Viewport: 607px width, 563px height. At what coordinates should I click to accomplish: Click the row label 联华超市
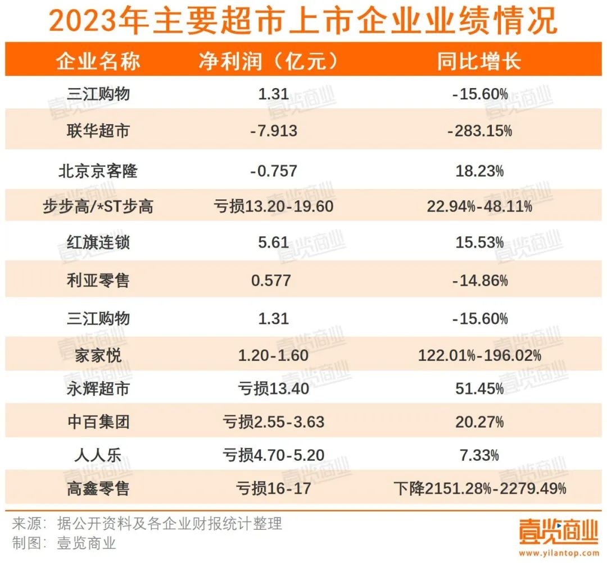[98, 131]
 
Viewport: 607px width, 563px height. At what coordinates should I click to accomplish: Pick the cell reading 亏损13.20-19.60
[274, 207]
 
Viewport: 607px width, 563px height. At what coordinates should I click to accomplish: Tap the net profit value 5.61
[274, 242]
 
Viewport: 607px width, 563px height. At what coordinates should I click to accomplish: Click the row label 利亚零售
[98, 280]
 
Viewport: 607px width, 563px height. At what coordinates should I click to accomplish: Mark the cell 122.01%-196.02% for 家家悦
[479, 355]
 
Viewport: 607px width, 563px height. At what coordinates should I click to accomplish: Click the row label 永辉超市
[98, 388]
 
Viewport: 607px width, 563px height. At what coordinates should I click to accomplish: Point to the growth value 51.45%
[479, 388]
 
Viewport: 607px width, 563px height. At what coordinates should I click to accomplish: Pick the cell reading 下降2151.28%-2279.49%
[479, 488]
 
